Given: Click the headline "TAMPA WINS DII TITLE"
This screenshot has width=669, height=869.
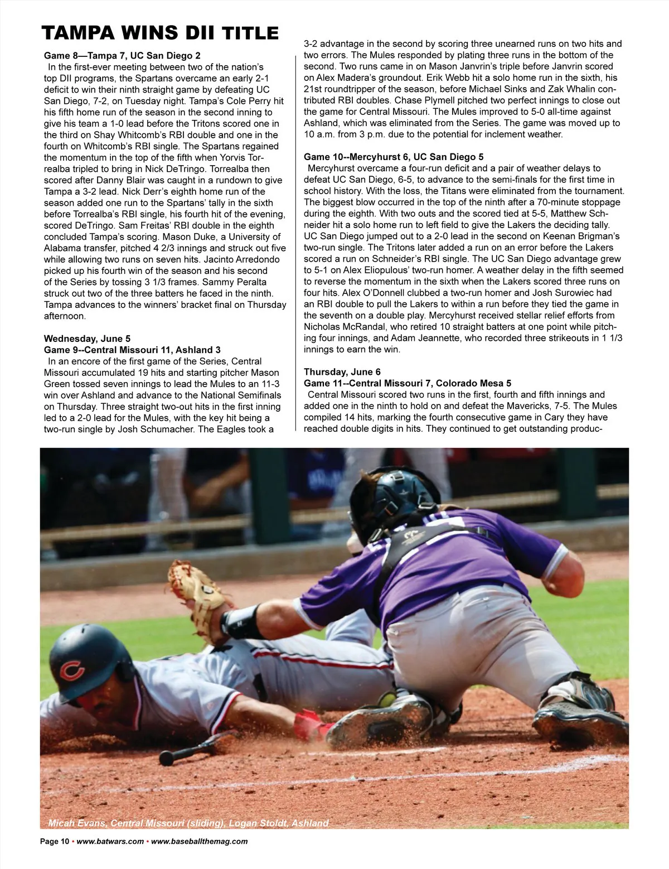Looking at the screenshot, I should tap(160, 33).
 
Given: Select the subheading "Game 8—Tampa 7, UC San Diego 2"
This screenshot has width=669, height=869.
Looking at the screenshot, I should tap(122, 55).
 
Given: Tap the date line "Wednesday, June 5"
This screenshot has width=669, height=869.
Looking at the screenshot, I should tap(87, 339).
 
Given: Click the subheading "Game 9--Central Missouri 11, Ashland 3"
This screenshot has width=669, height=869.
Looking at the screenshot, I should tap(132, 350).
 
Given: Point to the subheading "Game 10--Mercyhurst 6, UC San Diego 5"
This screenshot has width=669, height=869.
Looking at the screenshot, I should tap(394, 157).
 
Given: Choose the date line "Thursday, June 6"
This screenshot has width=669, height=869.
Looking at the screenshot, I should tap(342, 371).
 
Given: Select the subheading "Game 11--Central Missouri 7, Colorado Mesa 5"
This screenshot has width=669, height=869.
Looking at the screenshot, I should tap(408, 383).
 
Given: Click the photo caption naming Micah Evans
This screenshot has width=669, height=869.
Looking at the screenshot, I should tap(188, 823).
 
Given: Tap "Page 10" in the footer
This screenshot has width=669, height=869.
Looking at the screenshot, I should tap(54, 842).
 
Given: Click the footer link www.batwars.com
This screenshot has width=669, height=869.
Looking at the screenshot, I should tap(110, 842).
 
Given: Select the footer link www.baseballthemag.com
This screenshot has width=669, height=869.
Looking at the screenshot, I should tap(199, 842).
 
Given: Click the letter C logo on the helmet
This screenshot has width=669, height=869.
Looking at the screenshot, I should tap(71, 669).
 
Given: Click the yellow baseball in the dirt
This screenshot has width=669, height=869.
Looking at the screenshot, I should tap(386, 699).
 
